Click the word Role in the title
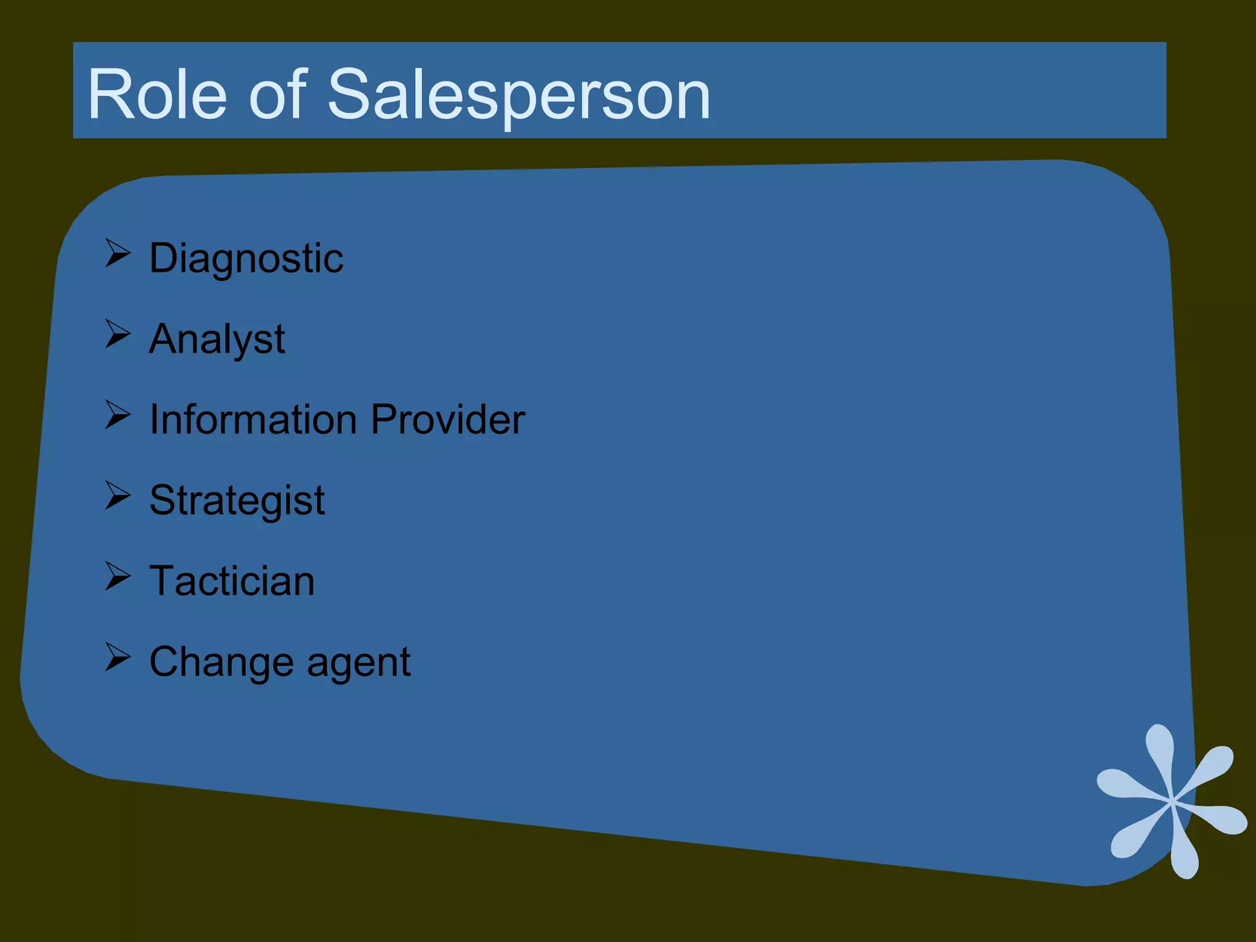click(x=157, y=95)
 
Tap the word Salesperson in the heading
click(x=519, y=95)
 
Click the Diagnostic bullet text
click(x=246, y=258)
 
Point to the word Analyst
click(x=217, y=339)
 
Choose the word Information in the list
click(x=253, y=419)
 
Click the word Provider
click(x=448, y=419)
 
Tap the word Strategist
click(x=237, y=500)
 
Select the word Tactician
click(x=232, y=581)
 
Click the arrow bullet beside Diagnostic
click(x=117, y=253)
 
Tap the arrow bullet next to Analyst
click(x=117, y=334)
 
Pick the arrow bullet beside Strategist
click(x=117, y=496)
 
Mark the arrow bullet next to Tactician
click(x=117, y=576)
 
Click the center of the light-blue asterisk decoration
click(x=1172, y=801)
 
